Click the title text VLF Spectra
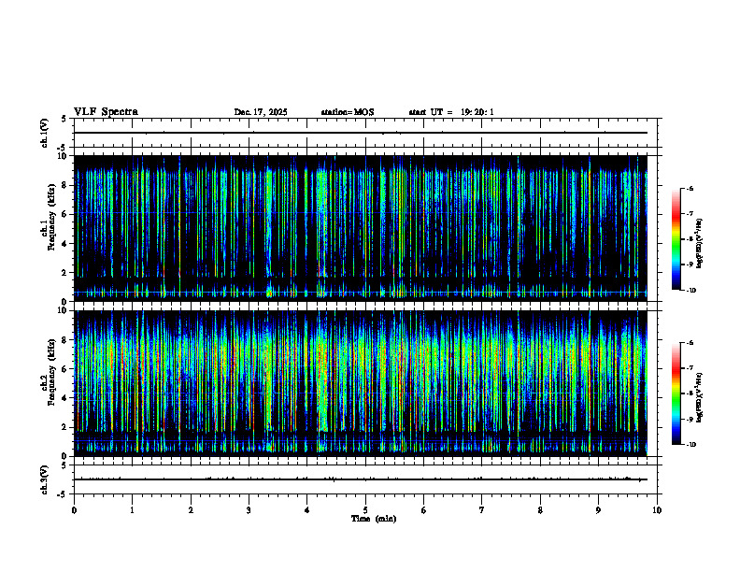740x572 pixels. point(106,111)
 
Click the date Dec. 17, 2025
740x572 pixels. point(261,112)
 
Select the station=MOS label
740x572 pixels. point(347,112)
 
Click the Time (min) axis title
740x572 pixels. point(373,519)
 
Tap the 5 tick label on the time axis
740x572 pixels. point(365,510)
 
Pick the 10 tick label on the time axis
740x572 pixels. point(657,510)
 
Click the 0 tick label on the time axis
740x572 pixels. point(74,510)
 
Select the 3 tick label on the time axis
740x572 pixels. point(249,510)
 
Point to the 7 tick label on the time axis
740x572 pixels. point(482,510)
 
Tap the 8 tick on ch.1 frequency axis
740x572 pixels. point(64,185)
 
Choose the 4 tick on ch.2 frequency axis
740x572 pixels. point(64,397)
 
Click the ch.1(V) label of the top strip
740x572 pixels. point(44,134)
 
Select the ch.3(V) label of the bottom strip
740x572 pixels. point(44,479)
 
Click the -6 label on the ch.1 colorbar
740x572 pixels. point(690,188)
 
